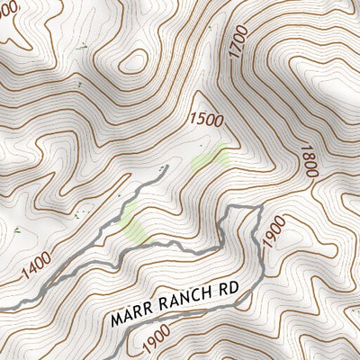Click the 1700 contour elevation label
coord(238,43)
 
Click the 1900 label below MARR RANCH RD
coord(156,341)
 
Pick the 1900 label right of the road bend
coord(274,231)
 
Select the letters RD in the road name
coord(230,291)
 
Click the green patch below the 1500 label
coord(209,159)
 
